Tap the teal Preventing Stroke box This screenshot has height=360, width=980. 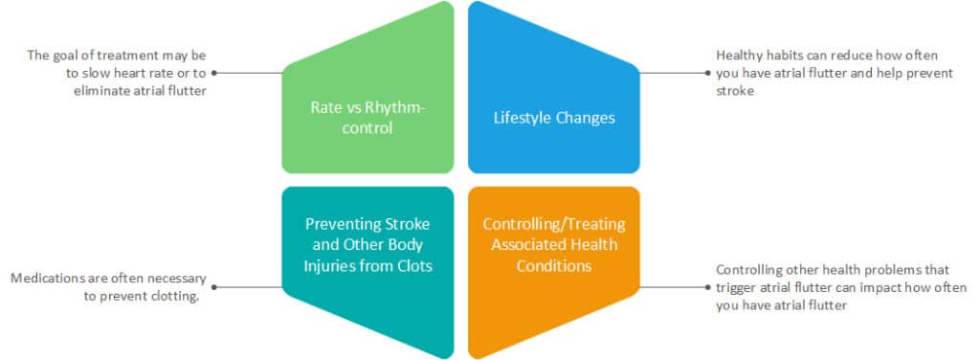point(367,273)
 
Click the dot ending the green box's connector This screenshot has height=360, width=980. point(214,72)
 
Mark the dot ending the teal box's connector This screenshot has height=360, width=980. point(214,286)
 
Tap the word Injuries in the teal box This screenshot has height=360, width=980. point(329,265)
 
